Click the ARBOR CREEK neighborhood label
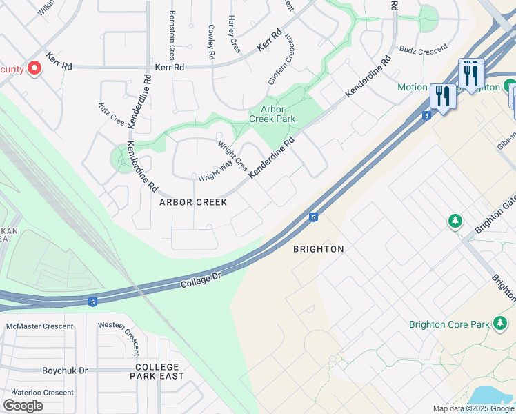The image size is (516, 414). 193,202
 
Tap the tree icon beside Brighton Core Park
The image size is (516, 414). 499,323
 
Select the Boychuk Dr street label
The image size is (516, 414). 65,371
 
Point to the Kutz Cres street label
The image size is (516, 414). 111,115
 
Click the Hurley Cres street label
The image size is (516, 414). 235,34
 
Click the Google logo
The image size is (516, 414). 23,406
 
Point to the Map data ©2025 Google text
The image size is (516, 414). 473,408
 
